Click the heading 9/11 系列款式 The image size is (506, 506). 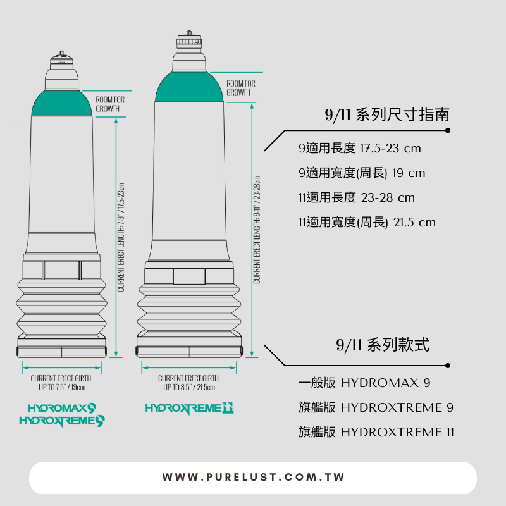tap(383, 345)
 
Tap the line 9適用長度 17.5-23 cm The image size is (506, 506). tap(359, 149)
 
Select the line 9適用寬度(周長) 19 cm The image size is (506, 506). tap(362, 173)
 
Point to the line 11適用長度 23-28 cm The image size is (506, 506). tap(356, 197)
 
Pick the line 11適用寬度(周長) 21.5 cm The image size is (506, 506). tap(367, 222)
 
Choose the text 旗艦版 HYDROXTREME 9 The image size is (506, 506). tap(376, 407)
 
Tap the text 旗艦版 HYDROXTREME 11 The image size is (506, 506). tap(376, 432)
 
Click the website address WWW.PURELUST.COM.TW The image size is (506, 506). tap(253, 478)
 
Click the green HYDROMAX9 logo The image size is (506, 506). tap(62, 408)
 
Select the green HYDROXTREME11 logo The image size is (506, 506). tap(190, 409)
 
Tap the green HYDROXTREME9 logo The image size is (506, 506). tap(62, 420)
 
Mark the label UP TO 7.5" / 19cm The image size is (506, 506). tap(62, 387)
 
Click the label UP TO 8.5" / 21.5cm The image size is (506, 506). tap(189, 387)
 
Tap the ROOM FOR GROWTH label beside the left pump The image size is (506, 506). tap(110, 104)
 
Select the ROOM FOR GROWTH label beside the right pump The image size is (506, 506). tap(241, 88)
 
